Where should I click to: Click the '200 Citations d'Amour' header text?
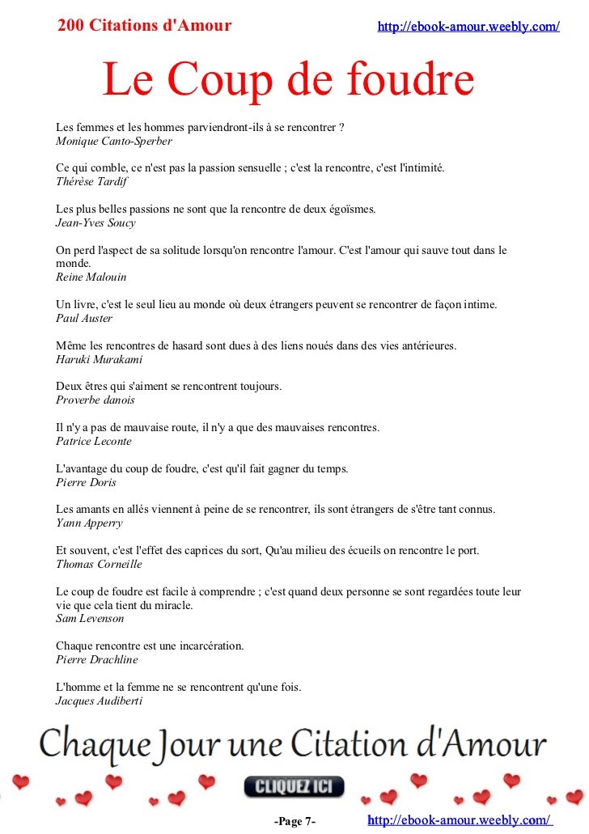[145, 26]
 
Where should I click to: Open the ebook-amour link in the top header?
[468, 27]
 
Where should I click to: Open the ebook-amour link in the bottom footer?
[459, 820]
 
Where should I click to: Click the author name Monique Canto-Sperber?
[113, 141]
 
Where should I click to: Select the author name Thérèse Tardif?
[91, 182]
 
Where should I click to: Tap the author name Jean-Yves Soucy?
[95, 222]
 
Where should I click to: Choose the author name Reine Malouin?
[91, 277]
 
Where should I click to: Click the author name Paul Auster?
[82, 318]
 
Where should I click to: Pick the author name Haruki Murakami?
[99, 359]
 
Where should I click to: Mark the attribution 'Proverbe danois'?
[95, 400]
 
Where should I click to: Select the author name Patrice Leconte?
[93, 442]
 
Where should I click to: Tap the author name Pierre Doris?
[86, 482]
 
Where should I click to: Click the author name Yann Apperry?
[89, 523]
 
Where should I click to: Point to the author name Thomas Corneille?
[99, 564]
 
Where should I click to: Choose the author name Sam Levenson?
[89, 618]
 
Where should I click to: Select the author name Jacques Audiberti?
[99, 701]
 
